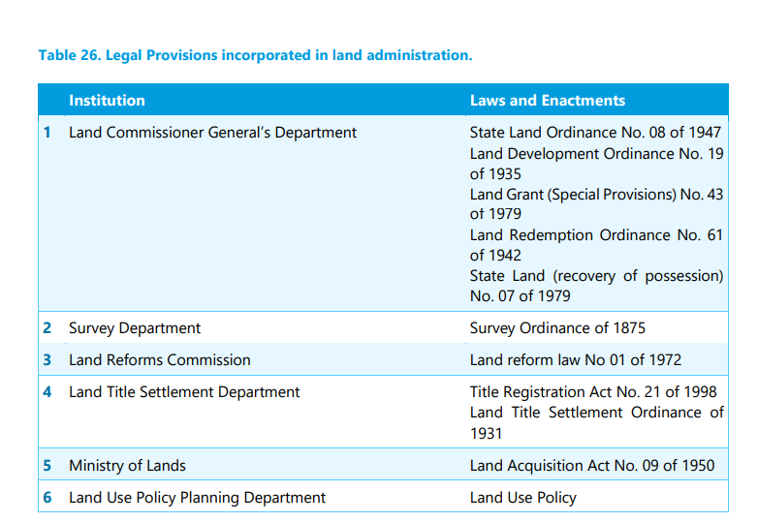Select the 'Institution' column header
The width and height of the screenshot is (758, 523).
[107, 101]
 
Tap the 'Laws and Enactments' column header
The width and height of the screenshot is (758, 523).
[547, 101]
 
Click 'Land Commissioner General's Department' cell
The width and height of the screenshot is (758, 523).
[212, 133]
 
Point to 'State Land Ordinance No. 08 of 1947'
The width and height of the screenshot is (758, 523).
[595, 133]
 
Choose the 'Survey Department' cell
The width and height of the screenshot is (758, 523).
[135, 328]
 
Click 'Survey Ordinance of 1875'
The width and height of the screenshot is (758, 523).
[557, 328]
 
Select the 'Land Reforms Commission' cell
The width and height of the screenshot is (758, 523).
[159, 360]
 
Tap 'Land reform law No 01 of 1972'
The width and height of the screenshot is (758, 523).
[575, 360]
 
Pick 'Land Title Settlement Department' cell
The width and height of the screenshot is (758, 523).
[184, 392]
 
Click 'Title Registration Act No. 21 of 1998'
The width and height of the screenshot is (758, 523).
[593, 392]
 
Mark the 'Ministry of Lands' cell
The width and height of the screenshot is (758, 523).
[127, 466]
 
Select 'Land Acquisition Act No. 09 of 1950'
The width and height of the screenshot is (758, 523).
[591, 466]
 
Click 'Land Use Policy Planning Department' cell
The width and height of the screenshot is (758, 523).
[197, 498]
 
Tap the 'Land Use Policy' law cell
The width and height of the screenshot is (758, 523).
[522, 498]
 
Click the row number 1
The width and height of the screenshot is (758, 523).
[47, 133]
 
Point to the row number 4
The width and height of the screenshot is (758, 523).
[47, 392]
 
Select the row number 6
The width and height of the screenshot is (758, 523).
[47, 498]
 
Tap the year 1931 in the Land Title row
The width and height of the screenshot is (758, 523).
[486, 434]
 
